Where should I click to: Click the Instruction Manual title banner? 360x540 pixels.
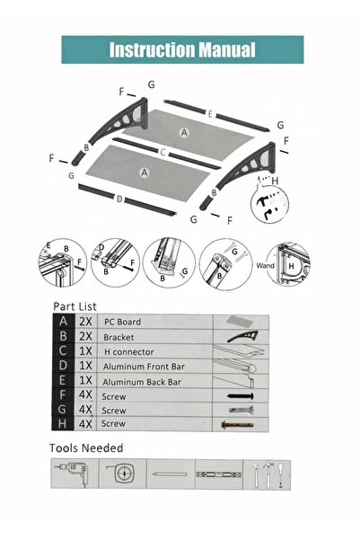[182, 49]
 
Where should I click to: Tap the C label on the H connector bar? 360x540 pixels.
[163, 152]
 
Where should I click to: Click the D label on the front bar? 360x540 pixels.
[119, 199]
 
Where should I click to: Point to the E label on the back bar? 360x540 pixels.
[210, 114]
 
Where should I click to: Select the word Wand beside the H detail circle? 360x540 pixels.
[265, 266]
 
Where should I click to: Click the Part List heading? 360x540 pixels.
[75, 306]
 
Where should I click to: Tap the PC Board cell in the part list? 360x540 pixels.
[122, 322]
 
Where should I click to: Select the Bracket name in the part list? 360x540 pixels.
[119, 337]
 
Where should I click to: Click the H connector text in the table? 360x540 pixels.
[129, 352]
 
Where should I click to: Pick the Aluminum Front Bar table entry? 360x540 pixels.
[144, 367]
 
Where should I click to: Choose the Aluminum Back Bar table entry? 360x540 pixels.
[142, 382]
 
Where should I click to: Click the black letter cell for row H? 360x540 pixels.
[63, 423]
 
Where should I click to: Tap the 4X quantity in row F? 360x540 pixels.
[85, 394]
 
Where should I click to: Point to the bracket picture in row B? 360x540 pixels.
[242, 336]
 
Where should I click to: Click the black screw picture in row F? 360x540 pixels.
[241, 396]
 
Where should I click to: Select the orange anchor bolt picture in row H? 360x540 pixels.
[238, 425]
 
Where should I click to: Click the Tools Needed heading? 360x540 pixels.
[86, 447]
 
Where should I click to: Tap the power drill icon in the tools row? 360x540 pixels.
[74, 473]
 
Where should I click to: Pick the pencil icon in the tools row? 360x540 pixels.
[170, 474]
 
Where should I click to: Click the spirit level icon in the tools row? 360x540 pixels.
[218, 474]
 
